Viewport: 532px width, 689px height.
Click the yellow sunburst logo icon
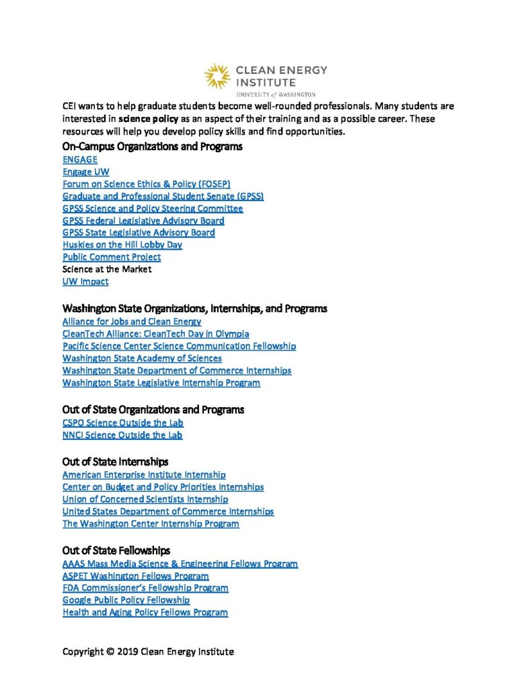pyautogui.click(x=217, y=77)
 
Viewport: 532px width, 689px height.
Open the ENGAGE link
pyautogui.click(x=80, y=159)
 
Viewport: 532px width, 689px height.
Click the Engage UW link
pyautogui.click(x=85, y=172)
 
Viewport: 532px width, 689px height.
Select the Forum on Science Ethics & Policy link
pyautogui.click(x=146, y=184)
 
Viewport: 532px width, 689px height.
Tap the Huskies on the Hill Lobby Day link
pyautogui.click(x=122, y=244)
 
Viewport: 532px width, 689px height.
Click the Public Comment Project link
pyautogui.click(x=112, y=256)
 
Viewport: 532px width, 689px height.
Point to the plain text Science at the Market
pyautogui.click(x=107, y=268)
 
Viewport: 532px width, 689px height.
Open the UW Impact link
pyautogui.click(x=85, y=281)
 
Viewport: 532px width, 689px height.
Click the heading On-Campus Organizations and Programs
pyautogui.click(x=152, y=146)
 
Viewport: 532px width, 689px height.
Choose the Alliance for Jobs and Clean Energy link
pyautogui.click(x=132, y=322)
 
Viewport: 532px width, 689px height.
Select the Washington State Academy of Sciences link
pyautogui.click(x=142, y=358)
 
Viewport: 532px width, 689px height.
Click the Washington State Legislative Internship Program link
pyautogui.click(x=161, y=383)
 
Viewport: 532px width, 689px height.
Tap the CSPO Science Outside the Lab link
pyautogui.click(x=122, y=423)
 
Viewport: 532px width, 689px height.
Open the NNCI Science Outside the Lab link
pyautogui.click(x=122, y=435)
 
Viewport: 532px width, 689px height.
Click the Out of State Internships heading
pyautogui.click(x=115, y=462)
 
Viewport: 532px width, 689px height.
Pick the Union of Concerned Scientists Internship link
pyautogui.click(x=145, y=499)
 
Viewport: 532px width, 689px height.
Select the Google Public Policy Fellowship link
pyautogui.click(x=126, y=600)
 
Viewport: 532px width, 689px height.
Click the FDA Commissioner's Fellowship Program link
pyautogui.click(x=145, y=587)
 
